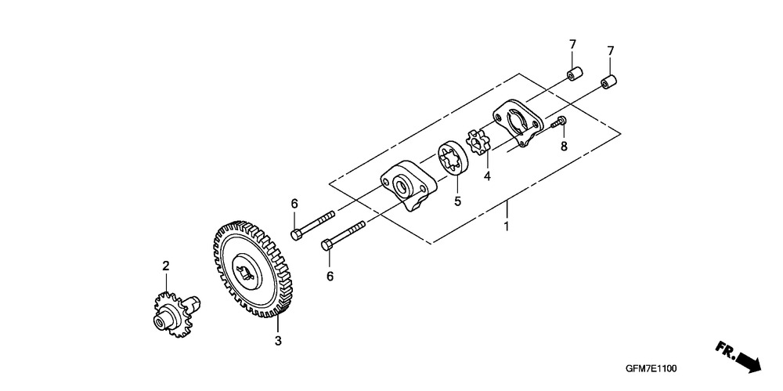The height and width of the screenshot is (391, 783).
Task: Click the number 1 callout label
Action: coord(506,226)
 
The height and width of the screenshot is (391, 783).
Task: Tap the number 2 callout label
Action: coord(166,266)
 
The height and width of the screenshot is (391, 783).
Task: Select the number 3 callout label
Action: coord(278,341)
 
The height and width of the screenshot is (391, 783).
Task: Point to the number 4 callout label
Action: coord(487,176)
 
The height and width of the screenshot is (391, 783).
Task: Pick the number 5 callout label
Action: coord(457,201)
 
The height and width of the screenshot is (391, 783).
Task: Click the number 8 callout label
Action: coord(564,146)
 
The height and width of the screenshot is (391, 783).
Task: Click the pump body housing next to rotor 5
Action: coord(409,185)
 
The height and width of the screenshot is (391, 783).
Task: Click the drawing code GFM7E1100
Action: coord(651,369)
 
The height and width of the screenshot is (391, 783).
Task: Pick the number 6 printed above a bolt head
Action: coord(294,204)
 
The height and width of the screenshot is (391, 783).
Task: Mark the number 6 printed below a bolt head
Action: coord(330,276)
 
